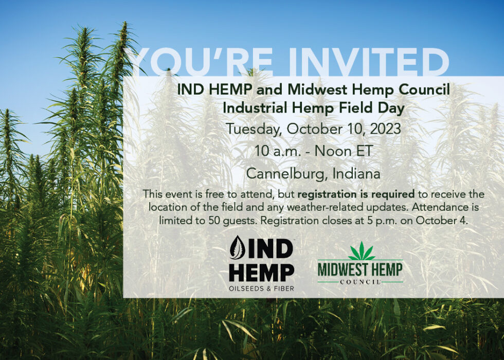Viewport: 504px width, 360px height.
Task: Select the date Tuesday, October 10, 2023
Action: [x=313, y=129]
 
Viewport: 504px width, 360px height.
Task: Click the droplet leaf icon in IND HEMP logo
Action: [x=238, y=248]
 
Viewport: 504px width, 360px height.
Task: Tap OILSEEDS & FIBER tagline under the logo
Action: [x=262, y=289]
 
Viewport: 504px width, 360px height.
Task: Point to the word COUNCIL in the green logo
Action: [x=360, y=282]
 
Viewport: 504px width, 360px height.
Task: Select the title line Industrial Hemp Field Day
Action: [x=313, y=107]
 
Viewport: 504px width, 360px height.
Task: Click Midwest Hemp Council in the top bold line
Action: [x=369, y=90]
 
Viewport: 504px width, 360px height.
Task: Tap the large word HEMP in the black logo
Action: [x=262, y=273]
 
